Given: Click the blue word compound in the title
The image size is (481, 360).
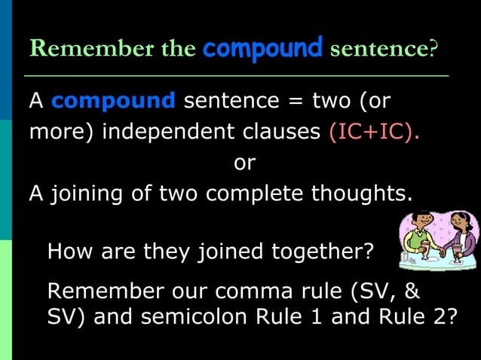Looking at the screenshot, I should click(x=262, y=49).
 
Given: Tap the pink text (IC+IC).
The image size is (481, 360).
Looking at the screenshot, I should click(x=374, y=132).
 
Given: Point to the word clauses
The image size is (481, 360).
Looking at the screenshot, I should click(x=285, y=132).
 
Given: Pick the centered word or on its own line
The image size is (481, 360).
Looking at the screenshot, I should click(x=245, y=163).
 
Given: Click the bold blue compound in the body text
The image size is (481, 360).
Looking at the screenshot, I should click(x=114, y=101).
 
